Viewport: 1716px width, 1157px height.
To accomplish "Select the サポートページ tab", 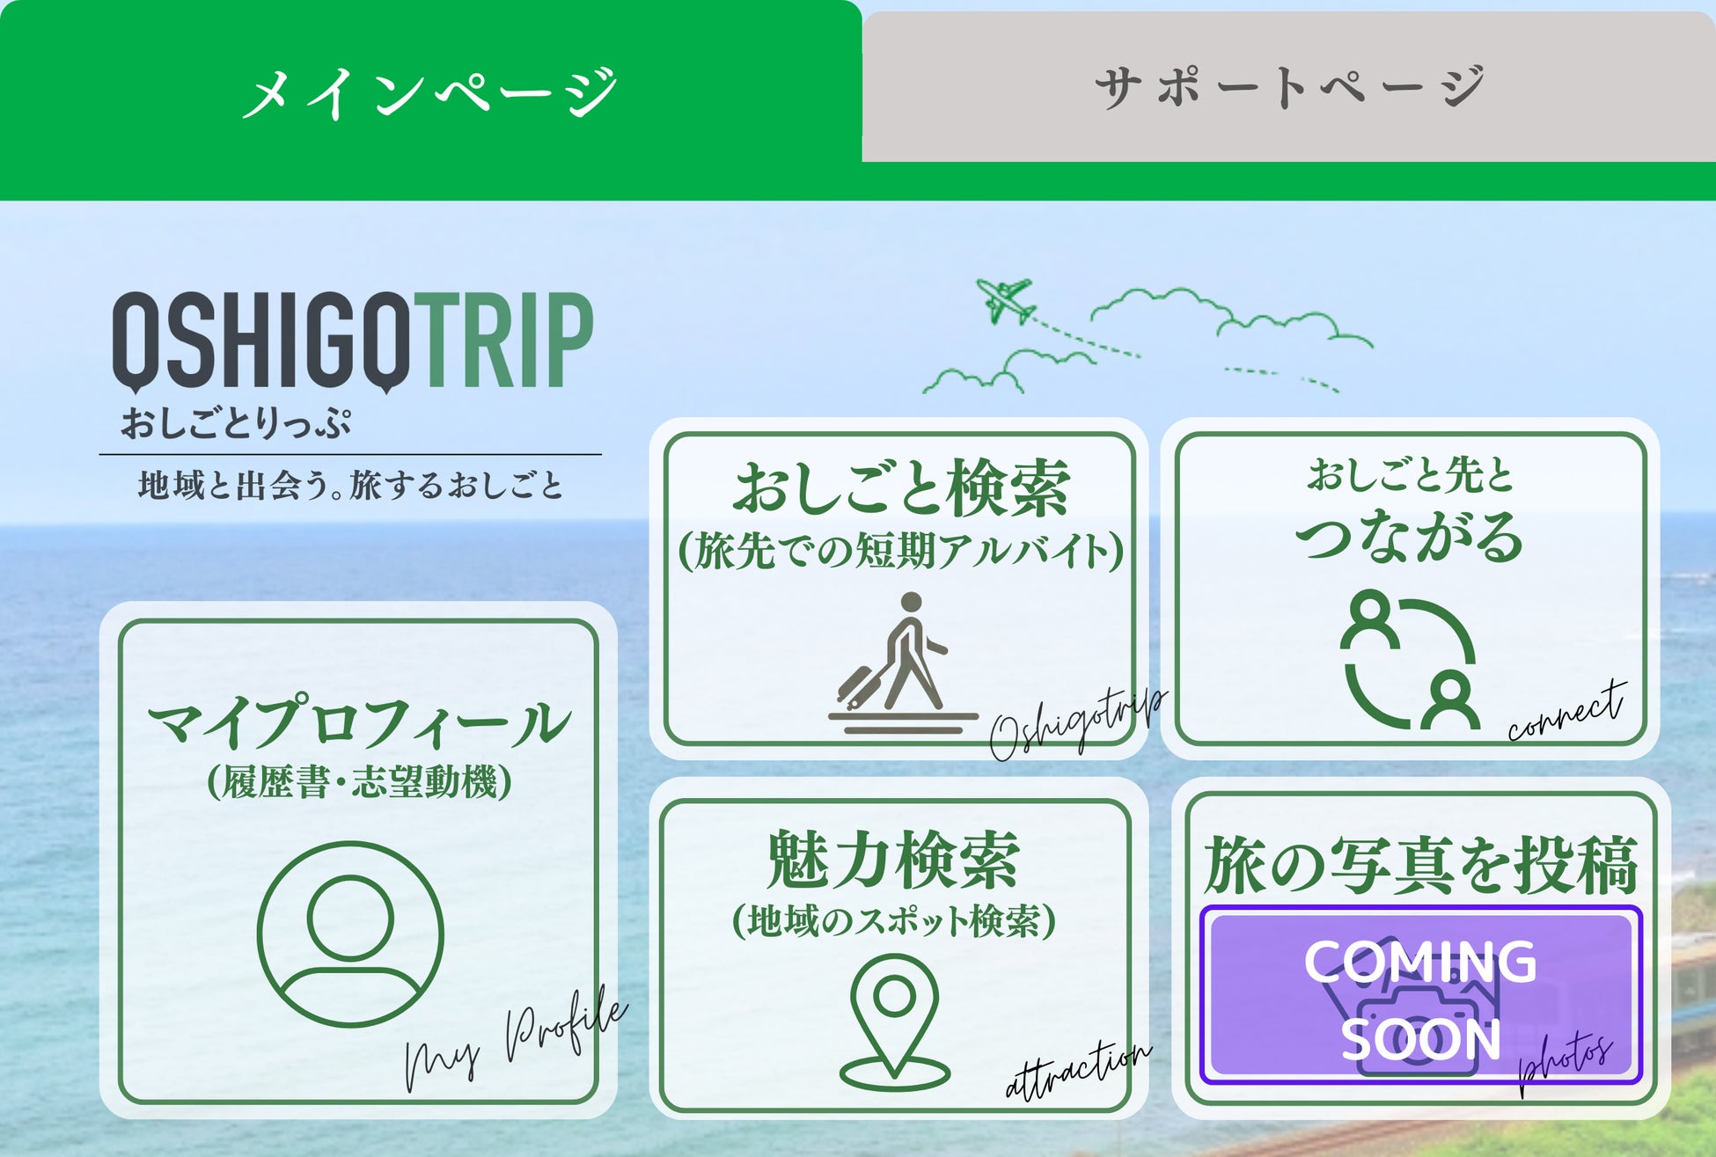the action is [1290, 87].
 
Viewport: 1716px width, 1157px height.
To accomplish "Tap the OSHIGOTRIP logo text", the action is [353, 341].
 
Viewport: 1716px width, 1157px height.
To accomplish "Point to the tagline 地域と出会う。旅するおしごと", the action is [350, 485].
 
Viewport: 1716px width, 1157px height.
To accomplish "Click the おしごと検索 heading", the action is [902, 487].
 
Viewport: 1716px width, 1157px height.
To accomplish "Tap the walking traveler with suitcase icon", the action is [903, 663].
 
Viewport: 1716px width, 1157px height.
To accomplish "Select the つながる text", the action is [1409, 536].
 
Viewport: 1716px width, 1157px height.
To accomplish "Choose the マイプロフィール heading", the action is [359, 721].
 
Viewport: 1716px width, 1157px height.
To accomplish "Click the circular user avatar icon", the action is [350, 934].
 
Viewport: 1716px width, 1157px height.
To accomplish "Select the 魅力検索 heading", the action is [893, 860].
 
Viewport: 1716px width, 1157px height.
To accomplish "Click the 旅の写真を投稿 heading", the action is [1420, 864].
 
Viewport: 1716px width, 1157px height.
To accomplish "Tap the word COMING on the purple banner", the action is [1420, 961].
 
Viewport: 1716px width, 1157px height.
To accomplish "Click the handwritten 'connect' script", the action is [1566, 711].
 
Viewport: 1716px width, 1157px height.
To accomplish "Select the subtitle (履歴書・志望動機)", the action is [359, 781].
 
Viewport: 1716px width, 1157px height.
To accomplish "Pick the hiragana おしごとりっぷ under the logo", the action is [236, 423].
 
